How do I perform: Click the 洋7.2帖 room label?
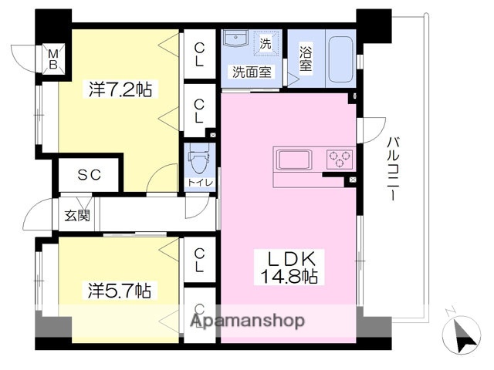(119, 90)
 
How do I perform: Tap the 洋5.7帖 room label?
(118, 291)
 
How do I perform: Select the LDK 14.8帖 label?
(292, 266)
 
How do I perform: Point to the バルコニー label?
(392, 170)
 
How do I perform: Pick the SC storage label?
(89, 175)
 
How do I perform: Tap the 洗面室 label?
(252, 72)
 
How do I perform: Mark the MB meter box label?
(53, 59)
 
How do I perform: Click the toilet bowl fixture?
(199, 162)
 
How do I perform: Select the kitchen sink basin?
(294, 160)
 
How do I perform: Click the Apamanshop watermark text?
(248, 321)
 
